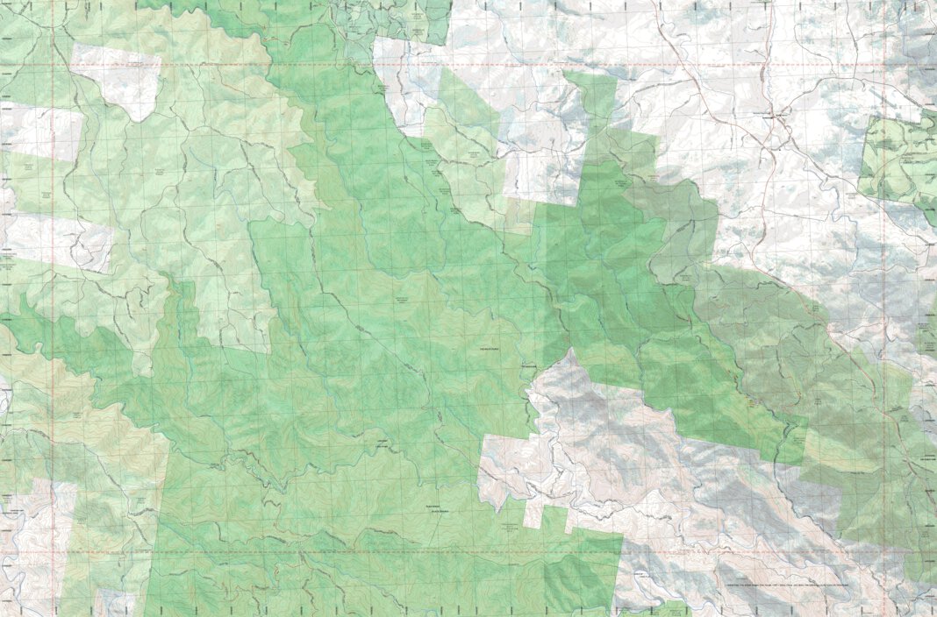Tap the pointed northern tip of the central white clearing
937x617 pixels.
(x=573, y=352)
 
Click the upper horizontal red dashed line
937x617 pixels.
(x=439, y=65)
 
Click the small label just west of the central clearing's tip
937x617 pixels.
(x=528, y=365)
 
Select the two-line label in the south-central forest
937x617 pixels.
(x=432, y=510)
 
